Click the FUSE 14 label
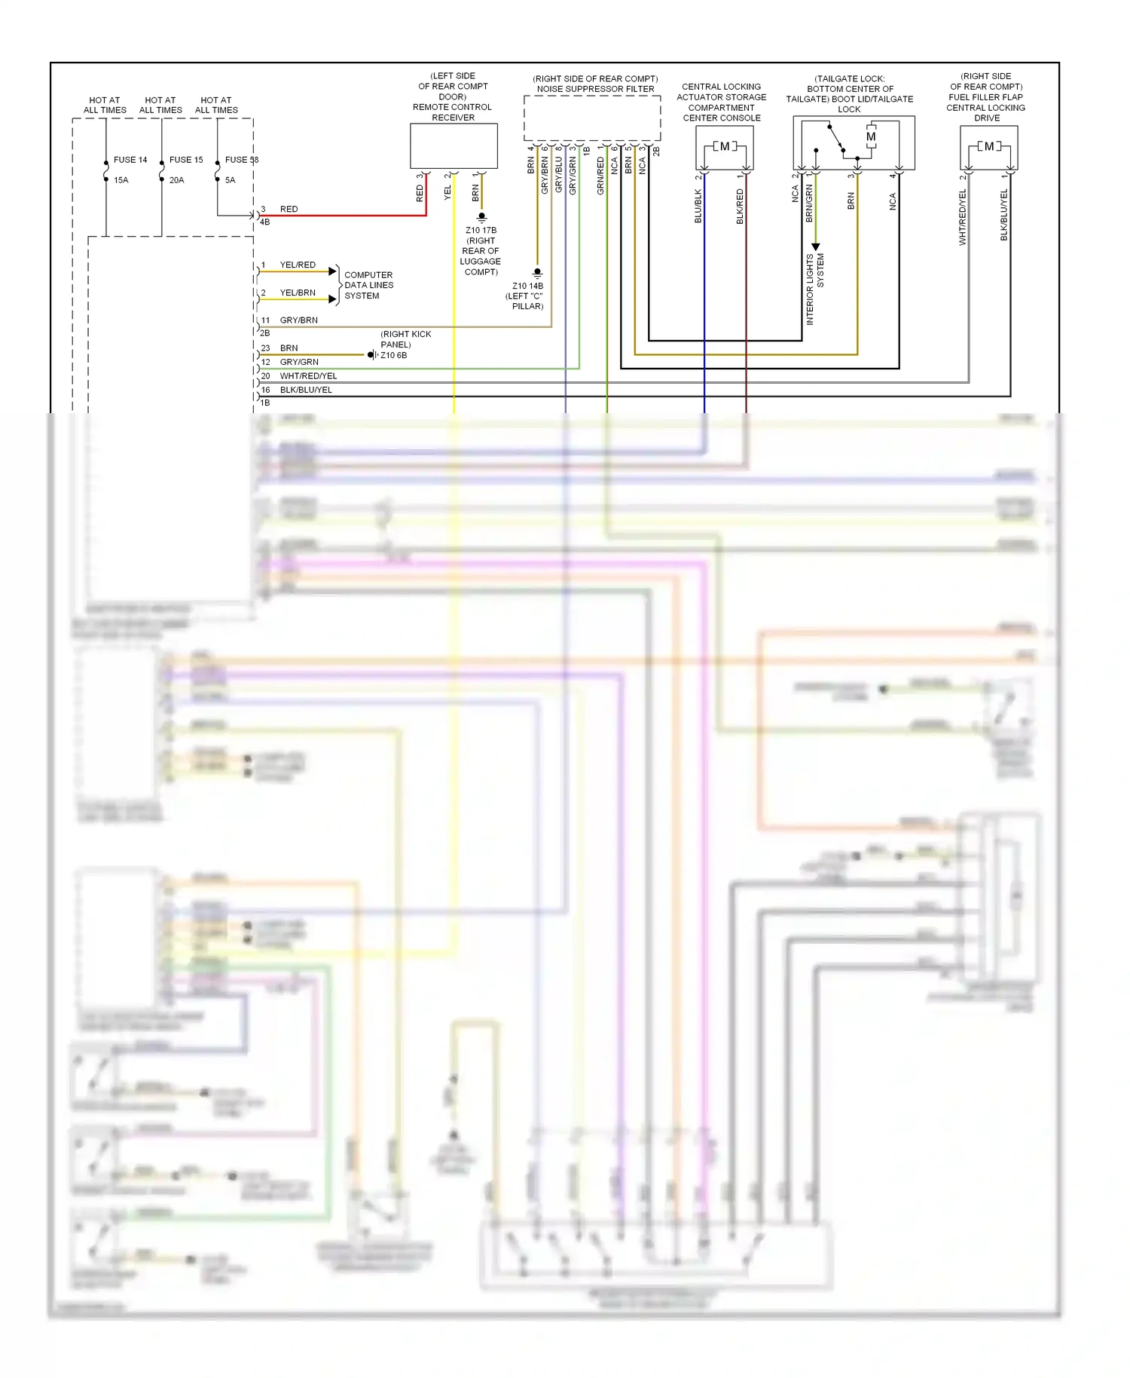tap(130, 160)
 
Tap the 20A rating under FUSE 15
tap(176, 180)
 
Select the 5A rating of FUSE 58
tap(230, 180)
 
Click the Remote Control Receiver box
tap(454, 145)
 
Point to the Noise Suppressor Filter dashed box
tap(592, 118)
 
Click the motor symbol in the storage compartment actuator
tap(724, 146)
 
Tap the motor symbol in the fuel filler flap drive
tap(988, 146)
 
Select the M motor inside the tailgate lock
tap(871, 137)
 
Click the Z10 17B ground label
tap(481, 231)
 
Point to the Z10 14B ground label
tap(527, 286)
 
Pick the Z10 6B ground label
tap(393, 355)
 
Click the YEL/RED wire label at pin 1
tap(298, 265)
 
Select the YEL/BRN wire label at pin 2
tap(298, 292)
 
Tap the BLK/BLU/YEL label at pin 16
tap(306, 390)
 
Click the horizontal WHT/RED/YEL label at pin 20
tap(308, 376)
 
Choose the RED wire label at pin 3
tap(289, 210)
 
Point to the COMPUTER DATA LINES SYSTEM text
tap(368, 286)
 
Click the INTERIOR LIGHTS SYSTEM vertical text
tap(815, 289)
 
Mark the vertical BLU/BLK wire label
tap(698, 206)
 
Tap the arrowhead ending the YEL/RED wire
tap(332, 271)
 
